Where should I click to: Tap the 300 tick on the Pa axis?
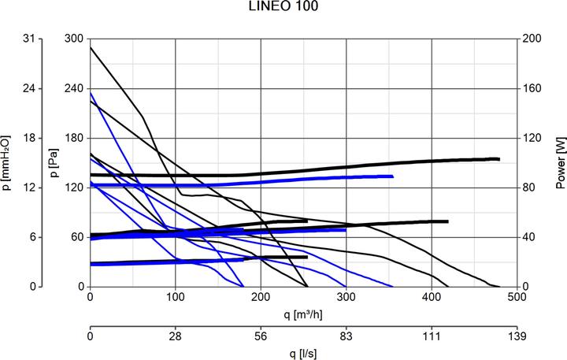click(74, 39)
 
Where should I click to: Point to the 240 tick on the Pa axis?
click(74, 88)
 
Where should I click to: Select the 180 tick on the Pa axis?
click(74, 138)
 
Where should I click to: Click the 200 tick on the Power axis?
click(533, 39)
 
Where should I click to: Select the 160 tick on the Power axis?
click(533, 88)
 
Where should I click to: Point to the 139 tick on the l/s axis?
click(516, 336)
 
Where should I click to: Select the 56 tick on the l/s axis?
click(261, 336)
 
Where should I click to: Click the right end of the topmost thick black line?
click(498, 159)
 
